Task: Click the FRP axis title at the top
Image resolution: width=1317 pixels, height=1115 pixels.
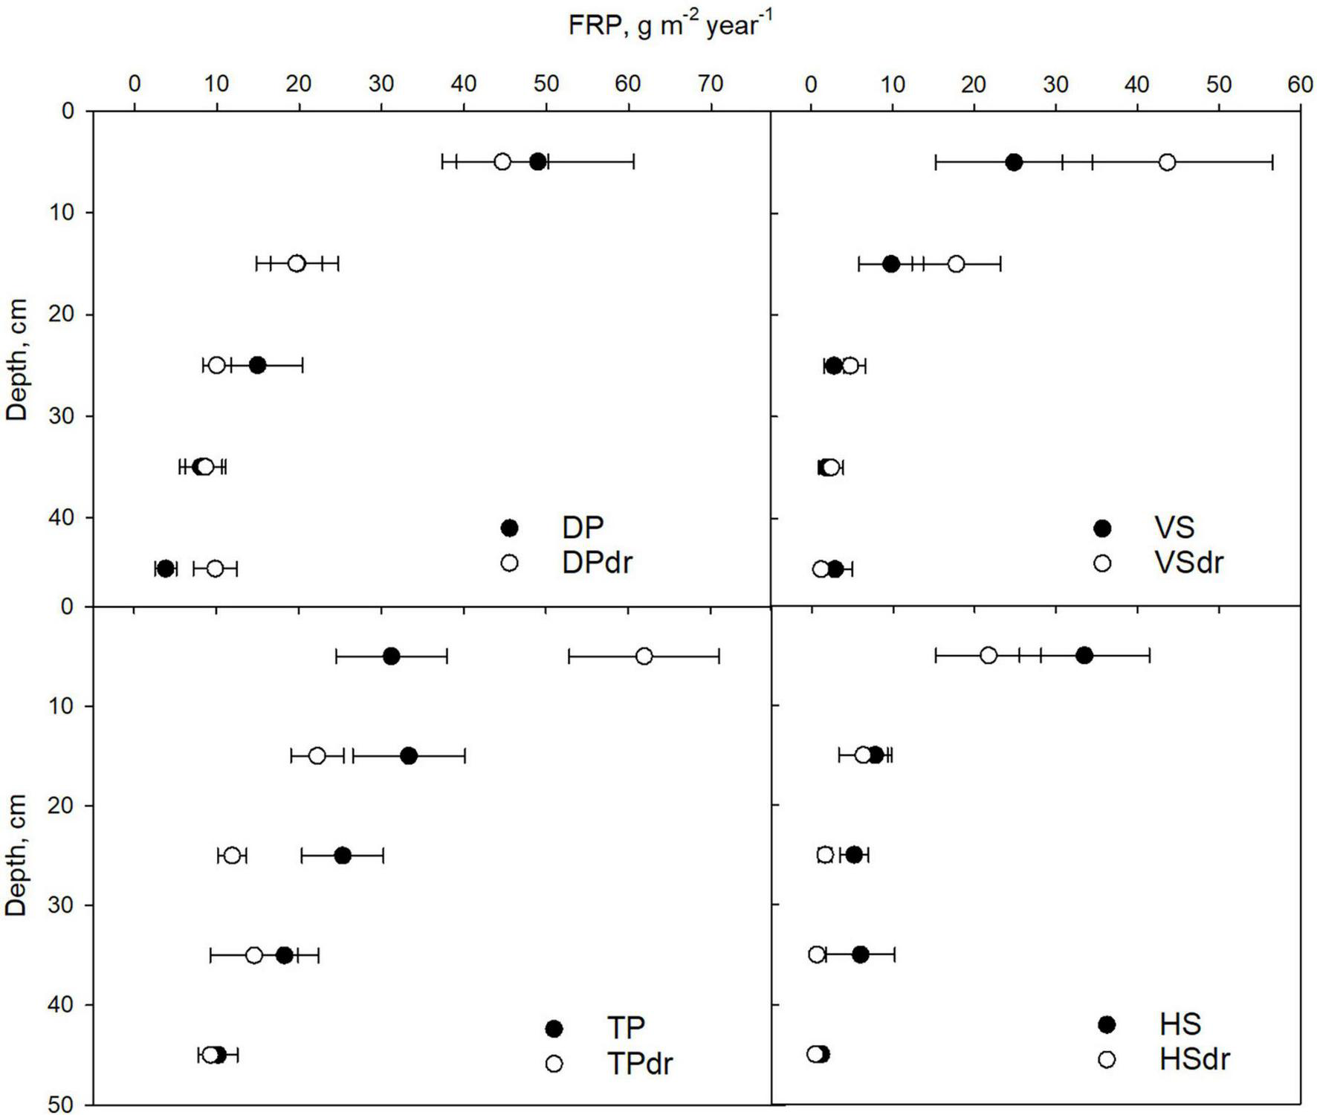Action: [x=670, y=25]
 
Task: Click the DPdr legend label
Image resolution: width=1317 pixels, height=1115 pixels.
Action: [x=597, y=563]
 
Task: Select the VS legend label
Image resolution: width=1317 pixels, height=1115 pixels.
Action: [x=1174, y=528]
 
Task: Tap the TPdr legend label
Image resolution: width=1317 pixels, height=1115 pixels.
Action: [x=640, y=1064]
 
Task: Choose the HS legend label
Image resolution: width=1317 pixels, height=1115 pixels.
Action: [x=1180, y=1024]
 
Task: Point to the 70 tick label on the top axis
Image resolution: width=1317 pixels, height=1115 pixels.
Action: [x=711, y=83]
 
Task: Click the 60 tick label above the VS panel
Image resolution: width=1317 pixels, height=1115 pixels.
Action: [x=1300, y=84]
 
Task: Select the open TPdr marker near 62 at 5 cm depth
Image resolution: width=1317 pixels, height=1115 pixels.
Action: [x=644, y=656]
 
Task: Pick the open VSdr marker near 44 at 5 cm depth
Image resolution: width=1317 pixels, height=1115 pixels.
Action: [x=1168, y=162]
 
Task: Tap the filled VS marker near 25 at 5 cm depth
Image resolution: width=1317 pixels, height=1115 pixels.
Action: [x=1014, y=162]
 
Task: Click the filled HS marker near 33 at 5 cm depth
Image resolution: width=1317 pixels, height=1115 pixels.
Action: [x=1084, y=655]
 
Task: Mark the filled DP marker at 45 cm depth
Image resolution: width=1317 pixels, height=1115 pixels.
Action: [x=165, y=569]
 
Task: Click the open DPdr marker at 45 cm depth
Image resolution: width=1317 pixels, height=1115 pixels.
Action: [x=215, y=569]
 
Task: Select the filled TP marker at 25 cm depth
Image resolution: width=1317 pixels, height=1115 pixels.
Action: [x=343, y=856]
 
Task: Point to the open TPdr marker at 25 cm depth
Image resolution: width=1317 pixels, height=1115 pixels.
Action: [x=232, y=856]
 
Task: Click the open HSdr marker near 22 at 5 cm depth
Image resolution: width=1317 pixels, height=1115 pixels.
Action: [x=988, y=655]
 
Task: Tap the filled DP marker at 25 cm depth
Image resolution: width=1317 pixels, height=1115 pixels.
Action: [x=258, y=365]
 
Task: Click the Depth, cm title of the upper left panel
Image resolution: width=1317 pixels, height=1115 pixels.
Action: [x=16, y=360]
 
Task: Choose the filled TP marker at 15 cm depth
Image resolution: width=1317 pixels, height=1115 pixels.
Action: [x=409, y=756]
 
